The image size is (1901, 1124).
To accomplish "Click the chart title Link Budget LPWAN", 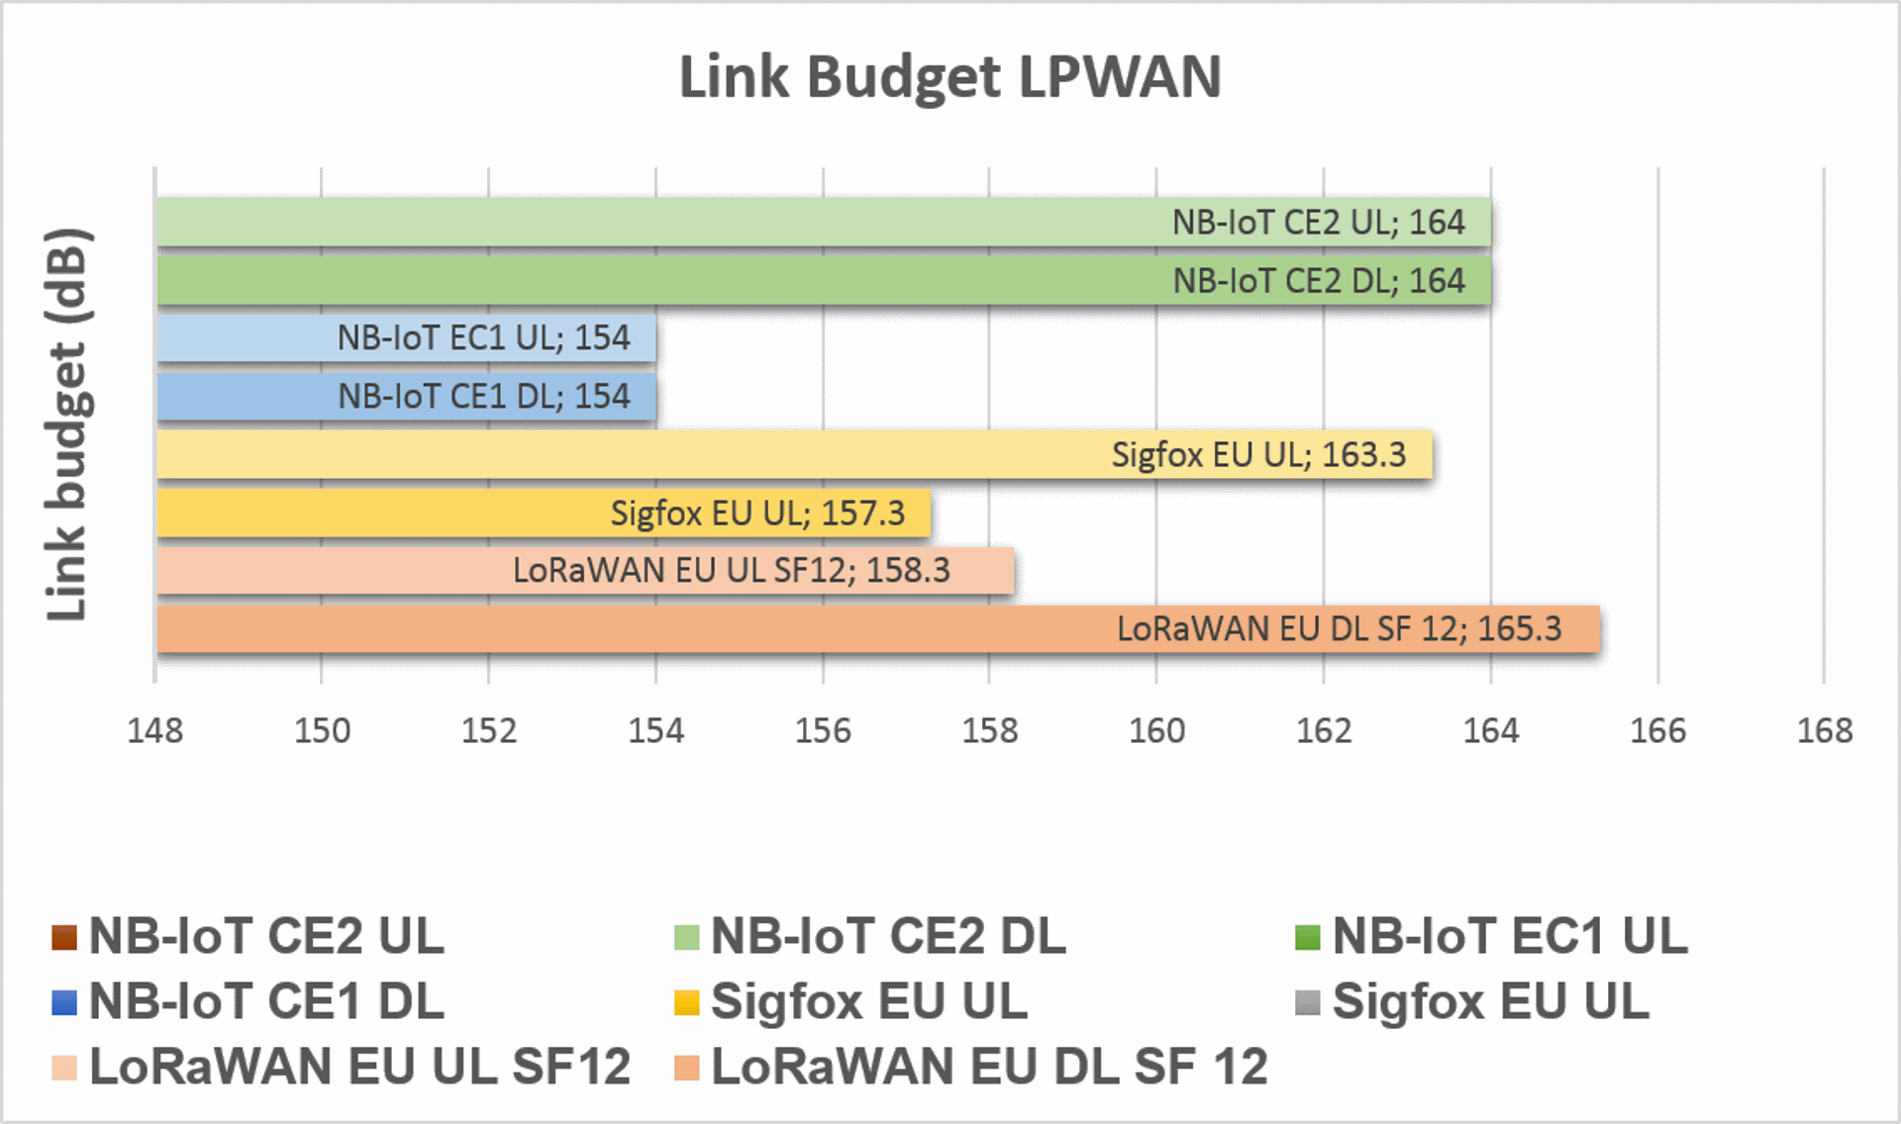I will point(950,77).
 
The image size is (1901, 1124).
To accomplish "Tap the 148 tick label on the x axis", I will point(155,730).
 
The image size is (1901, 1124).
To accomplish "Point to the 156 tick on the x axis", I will point(823,730).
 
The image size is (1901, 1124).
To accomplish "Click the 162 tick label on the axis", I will point(1324,730).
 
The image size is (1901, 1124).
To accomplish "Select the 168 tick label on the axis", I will point(1825,730).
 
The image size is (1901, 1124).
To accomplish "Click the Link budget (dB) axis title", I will point(68,424).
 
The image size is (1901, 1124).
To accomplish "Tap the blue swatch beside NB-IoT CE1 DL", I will point(64,1002).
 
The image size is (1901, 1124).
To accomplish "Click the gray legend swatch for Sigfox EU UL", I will point(1308,1002).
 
